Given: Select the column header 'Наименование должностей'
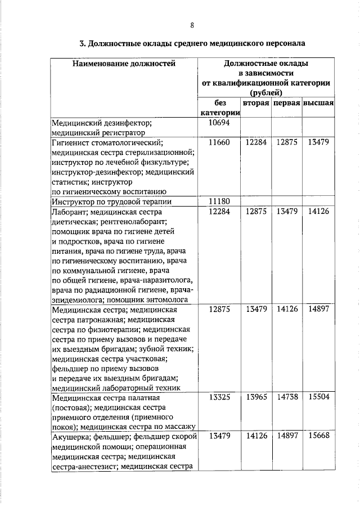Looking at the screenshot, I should tap(124, 64).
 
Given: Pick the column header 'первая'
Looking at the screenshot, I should tap(287, 104).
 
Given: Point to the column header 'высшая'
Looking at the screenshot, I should tap(318, 104).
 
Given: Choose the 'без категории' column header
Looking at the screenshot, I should tap(219, 109).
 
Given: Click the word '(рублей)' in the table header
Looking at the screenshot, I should tap(266, 93).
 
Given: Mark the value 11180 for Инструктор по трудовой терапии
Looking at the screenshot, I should tap(219, 201).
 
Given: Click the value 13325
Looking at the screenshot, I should tap(219, 397).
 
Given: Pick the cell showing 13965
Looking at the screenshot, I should tap(256, 397).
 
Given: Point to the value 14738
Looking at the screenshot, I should tap(287, 397).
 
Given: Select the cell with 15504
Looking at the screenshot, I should tap(318, 397).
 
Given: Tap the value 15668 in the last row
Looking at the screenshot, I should tap(318, 436).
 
